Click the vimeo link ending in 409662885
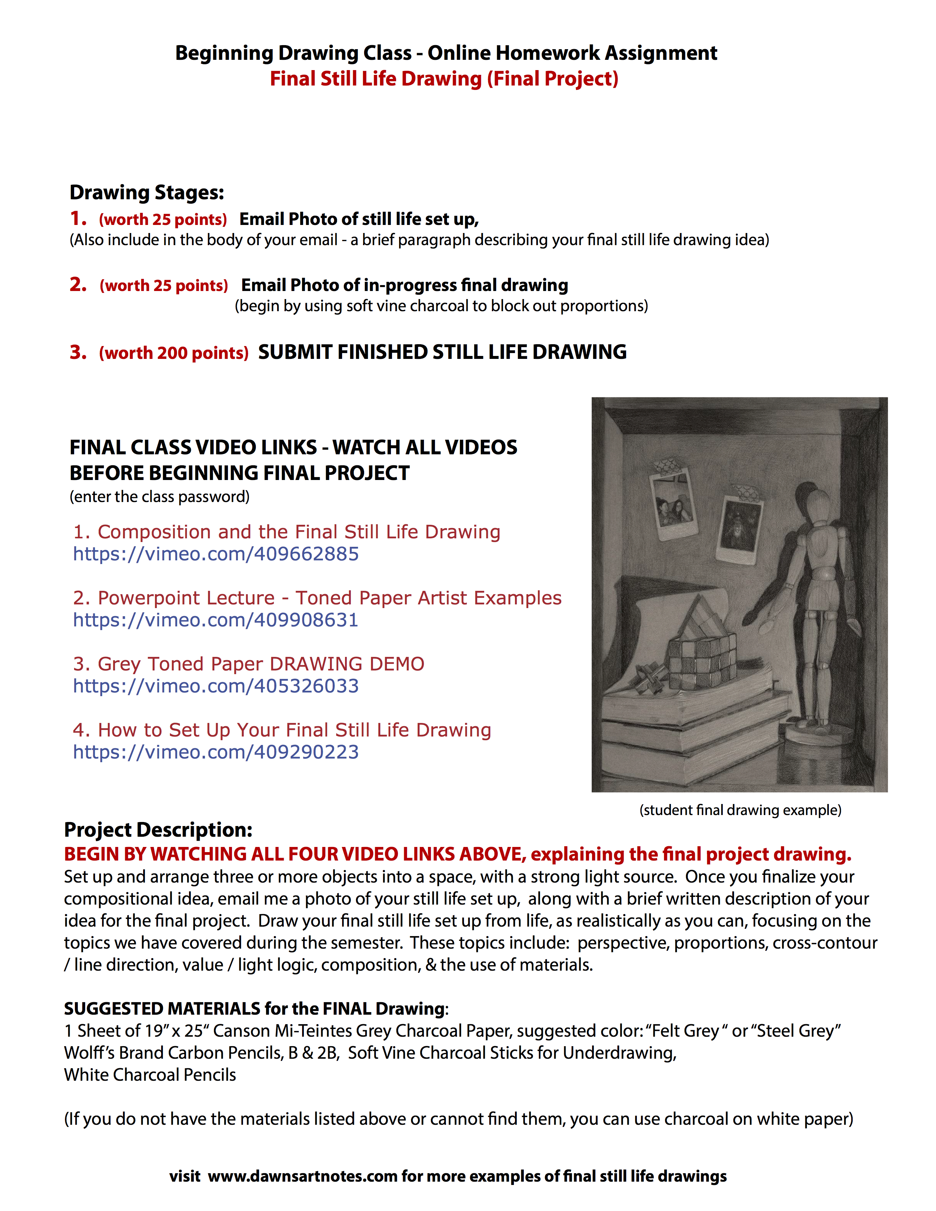pos(216,554)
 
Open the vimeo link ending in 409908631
pos(216,620)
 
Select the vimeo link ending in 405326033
pos(216,686)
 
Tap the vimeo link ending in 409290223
pos(216,752)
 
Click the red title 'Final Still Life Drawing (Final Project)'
pos(444,79)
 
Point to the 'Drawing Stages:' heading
pos(147,192)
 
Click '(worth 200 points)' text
pos(174,353)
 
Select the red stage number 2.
pos(77,284)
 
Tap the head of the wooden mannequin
pos(818,506)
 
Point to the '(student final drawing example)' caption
pos(740,810)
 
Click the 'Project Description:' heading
pos(158,829)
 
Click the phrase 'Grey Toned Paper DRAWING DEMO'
pos(261,664)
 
